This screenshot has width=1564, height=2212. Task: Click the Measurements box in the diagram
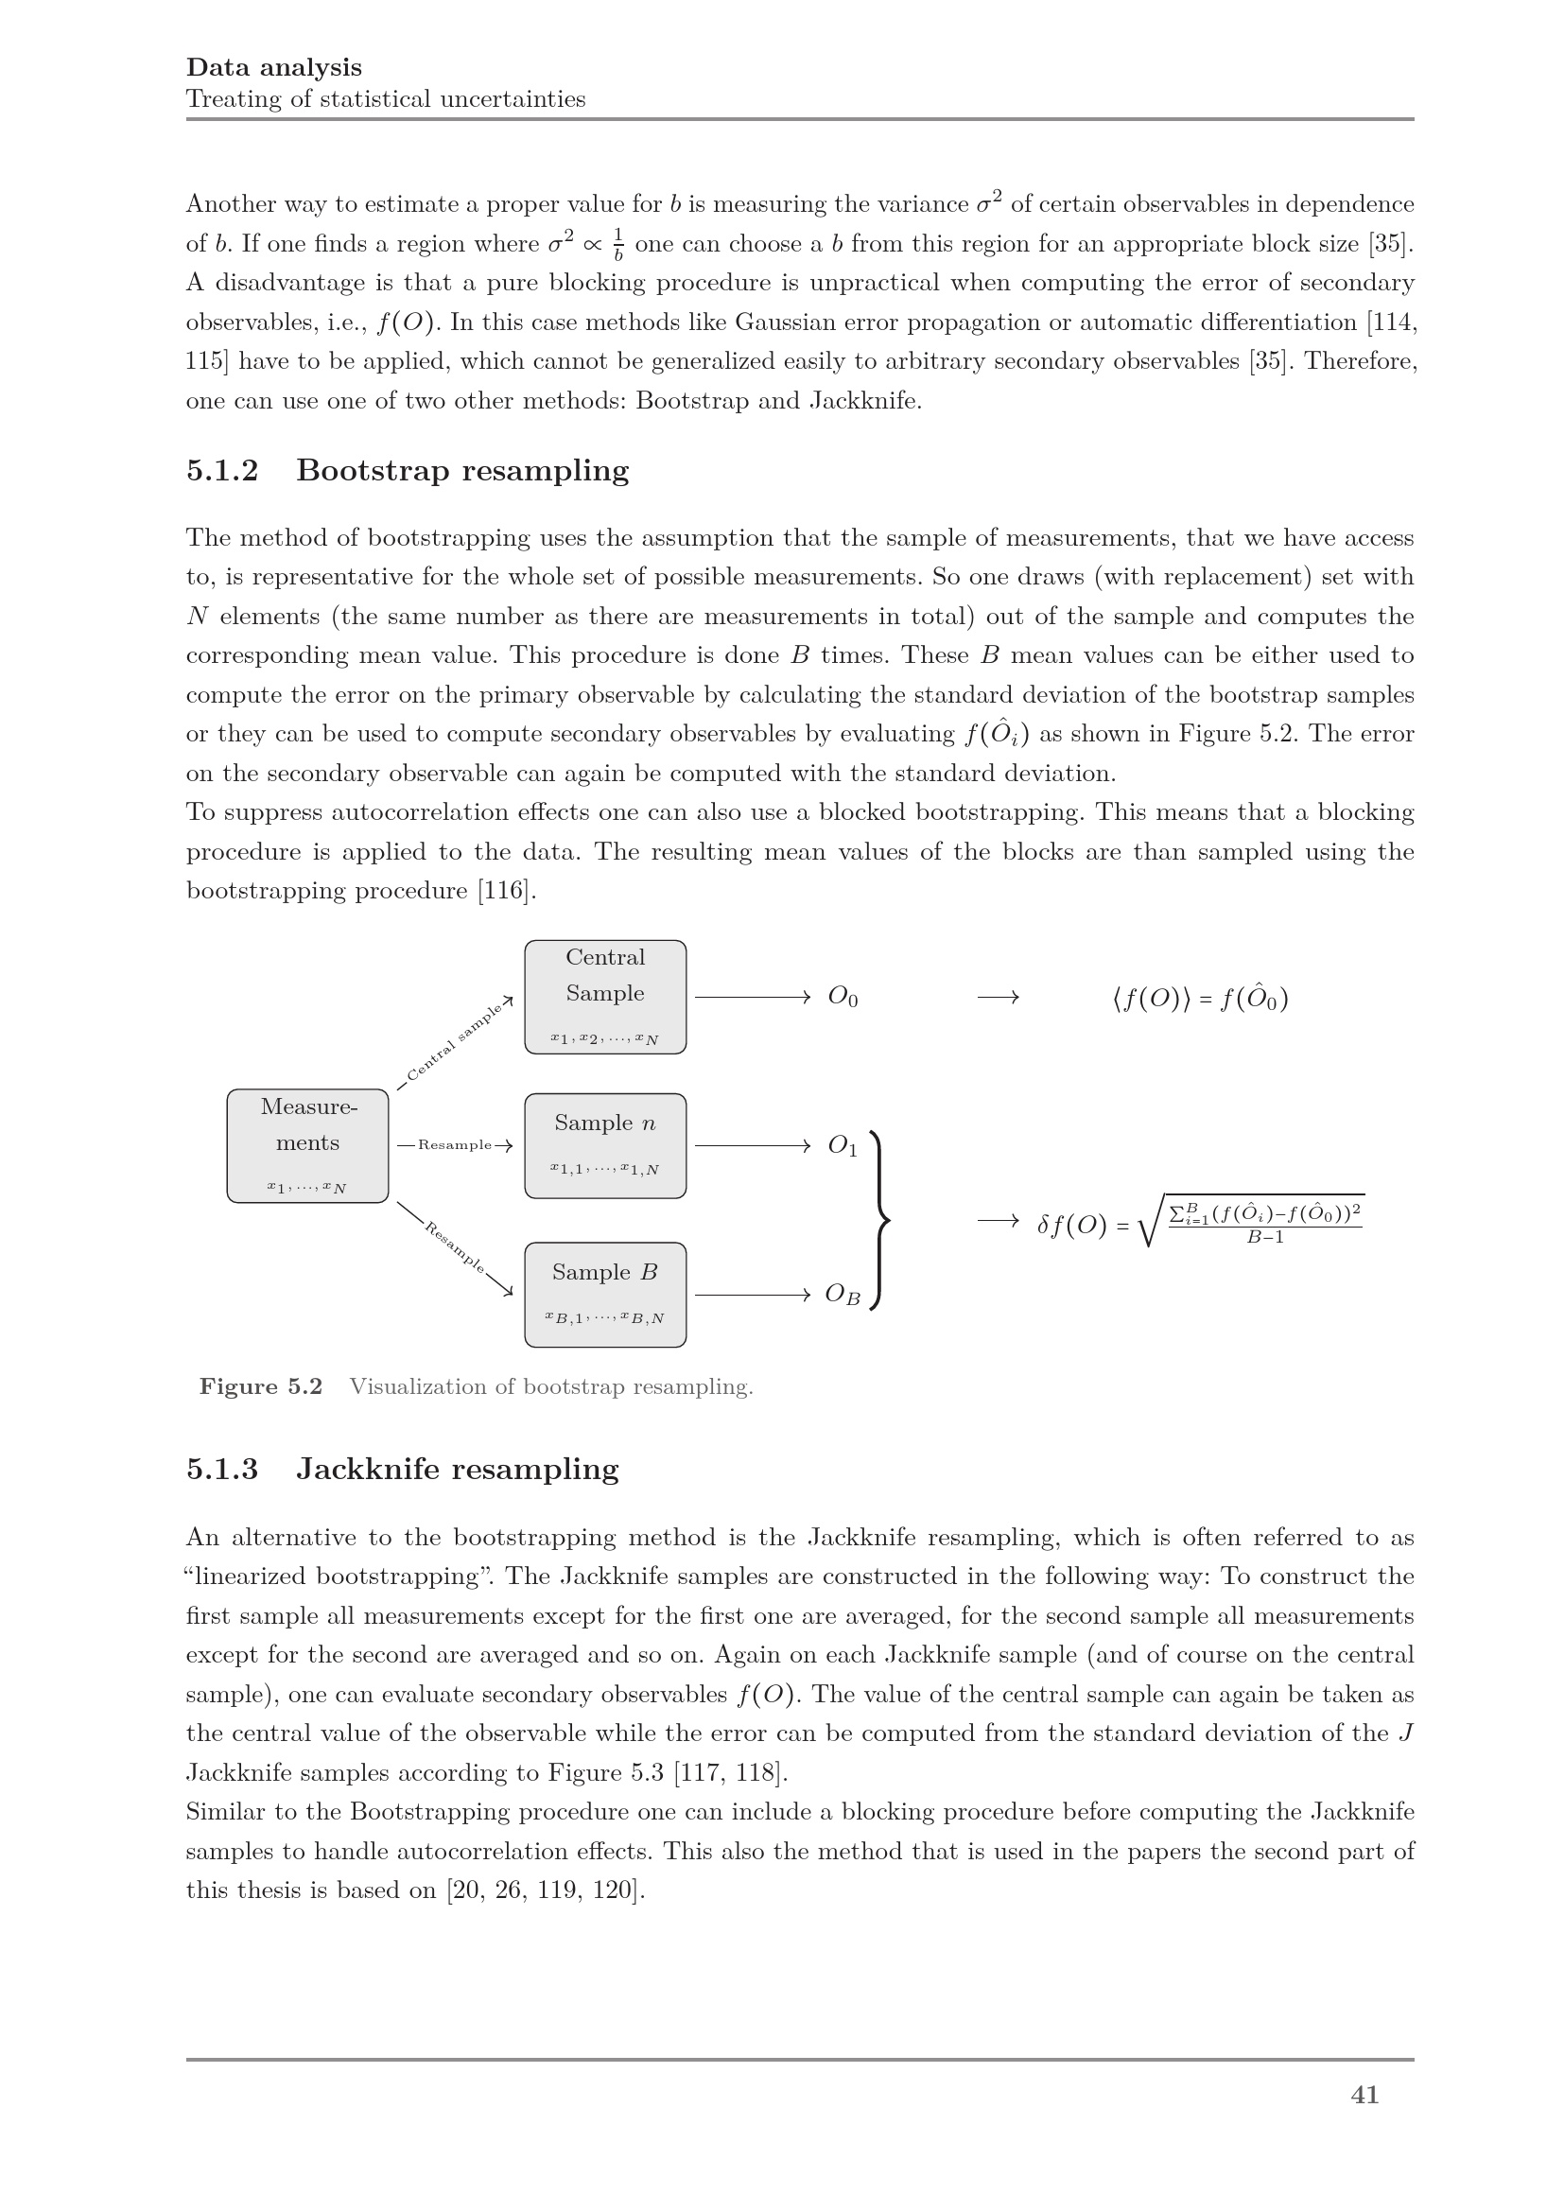[307, 1145]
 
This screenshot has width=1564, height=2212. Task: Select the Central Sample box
[605, 996]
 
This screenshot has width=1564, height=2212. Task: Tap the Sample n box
[605, 1145]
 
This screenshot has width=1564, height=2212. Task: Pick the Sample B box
[605, 1294]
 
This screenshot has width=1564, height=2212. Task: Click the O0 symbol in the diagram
[843, 997]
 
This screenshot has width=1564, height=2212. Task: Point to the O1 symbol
[843, 1145]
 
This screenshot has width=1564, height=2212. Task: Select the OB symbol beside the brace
[843, 1295]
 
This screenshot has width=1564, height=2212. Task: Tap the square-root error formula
[1200, 1223]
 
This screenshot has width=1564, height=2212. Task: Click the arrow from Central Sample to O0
[751, 997]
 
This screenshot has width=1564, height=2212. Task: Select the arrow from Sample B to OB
[751, 1295]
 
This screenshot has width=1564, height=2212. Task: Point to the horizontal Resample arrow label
[455, 1145]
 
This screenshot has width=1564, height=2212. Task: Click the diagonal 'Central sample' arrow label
[454, 1043]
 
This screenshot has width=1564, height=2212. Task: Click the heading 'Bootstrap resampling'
[462, 470]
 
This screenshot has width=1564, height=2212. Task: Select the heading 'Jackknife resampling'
[458, 1470]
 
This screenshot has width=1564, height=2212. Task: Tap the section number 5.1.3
[222, 1470]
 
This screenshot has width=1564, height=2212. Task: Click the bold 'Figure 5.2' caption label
[261, 1386]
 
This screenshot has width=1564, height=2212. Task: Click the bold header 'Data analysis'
[274, 67]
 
